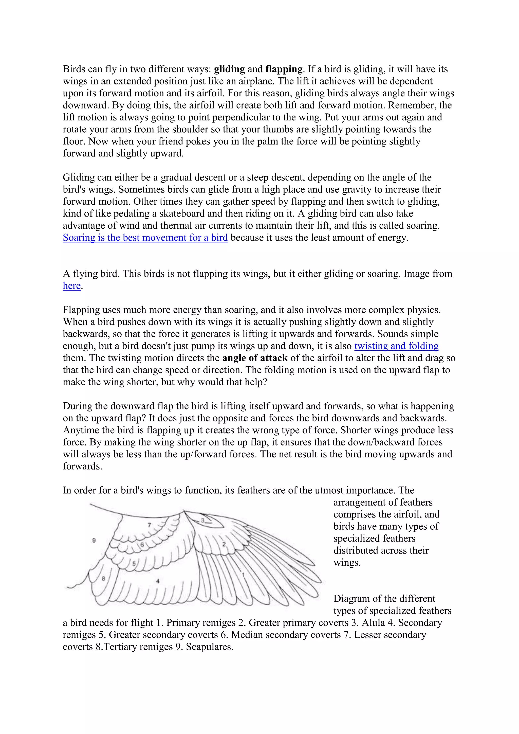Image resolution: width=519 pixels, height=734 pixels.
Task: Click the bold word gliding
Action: [x=229, y=69]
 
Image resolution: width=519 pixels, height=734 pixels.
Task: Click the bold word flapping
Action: [x=284, y=69]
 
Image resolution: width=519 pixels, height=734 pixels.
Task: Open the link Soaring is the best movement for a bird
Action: [x=145, y=238]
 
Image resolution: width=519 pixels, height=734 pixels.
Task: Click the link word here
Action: [x=71, y=285]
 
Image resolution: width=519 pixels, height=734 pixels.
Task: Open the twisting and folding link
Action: [x=396, y=346]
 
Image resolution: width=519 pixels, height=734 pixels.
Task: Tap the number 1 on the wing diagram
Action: [x=243, y=575]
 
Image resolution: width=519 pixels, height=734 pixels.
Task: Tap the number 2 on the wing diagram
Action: [x=224, y=544]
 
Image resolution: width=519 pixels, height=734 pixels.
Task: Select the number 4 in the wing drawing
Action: [x=158, y=581]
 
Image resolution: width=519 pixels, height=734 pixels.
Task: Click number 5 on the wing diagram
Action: [x=134, y=564]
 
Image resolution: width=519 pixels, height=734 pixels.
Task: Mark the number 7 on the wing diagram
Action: [x=149, y=525]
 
